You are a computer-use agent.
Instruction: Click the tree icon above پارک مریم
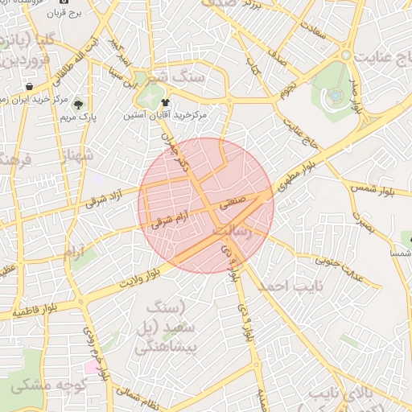click(78, 105)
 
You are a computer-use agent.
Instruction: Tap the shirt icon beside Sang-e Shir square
click(165, 103)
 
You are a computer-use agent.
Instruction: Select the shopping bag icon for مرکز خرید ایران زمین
click(29, 86)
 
